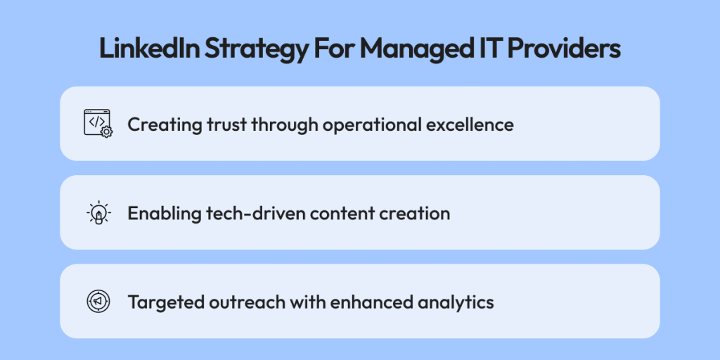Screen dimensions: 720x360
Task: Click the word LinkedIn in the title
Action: point(150,49)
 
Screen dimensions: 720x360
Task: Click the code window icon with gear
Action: point(98,124)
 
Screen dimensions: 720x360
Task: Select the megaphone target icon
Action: point(98,302)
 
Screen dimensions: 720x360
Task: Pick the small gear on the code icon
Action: point(107,132)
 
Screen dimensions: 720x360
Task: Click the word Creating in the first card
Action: point(158,124)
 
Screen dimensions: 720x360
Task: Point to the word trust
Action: point(210,124)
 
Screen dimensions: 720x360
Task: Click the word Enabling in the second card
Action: point(158,214)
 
